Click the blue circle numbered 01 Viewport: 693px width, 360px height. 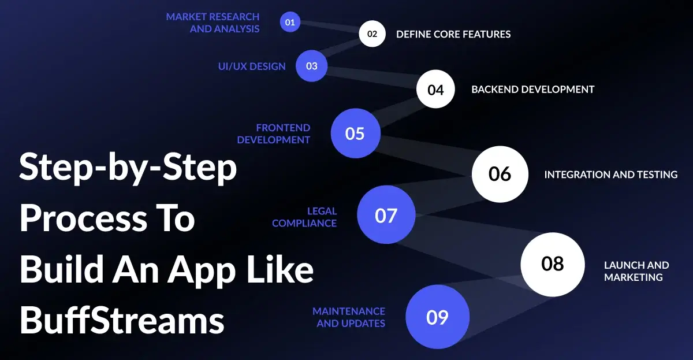pyautogui.click(x=290, y=23)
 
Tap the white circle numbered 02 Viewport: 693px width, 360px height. pyautogui.click(x=372, y=34)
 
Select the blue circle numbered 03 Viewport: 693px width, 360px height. pyautogui.click(x=311, y=66)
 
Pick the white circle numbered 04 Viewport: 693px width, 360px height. pyautogui.click(x=435, y=90)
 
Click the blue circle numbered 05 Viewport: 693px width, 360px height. pyautogui.click(x=355, y=133)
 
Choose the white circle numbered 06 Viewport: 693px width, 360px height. pyautogui.click(x=500, y=174)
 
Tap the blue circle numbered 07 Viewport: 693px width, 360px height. pyautogui.click(x=386, y=216)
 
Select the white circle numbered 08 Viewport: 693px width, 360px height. pyautogui.click(x=552, y=264)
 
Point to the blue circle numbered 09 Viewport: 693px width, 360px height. pyautogui.click(x=437, y=317)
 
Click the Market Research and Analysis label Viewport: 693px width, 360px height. pyautogui.click(x=213, y=23)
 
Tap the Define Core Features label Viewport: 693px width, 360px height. pyautogui.click(x=453, y=34)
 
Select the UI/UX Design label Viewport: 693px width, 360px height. pyautogui.click(x=252, y=66)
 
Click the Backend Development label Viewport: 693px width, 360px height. pyautogui.click(x=532, y=90)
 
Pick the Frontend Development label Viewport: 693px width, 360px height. pyautogui.click(x=274, y=133)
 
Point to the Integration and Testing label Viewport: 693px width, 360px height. pyautogui.click(x=610, y=175)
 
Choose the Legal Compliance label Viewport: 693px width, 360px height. pyautogui.click(x=304, y=217)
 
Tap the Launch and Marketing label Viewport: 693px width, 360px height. pyautogui.click(x=636, y=271)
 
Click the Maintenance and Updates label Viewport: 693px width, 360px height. pyautogui.click(x=349, y=317)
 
